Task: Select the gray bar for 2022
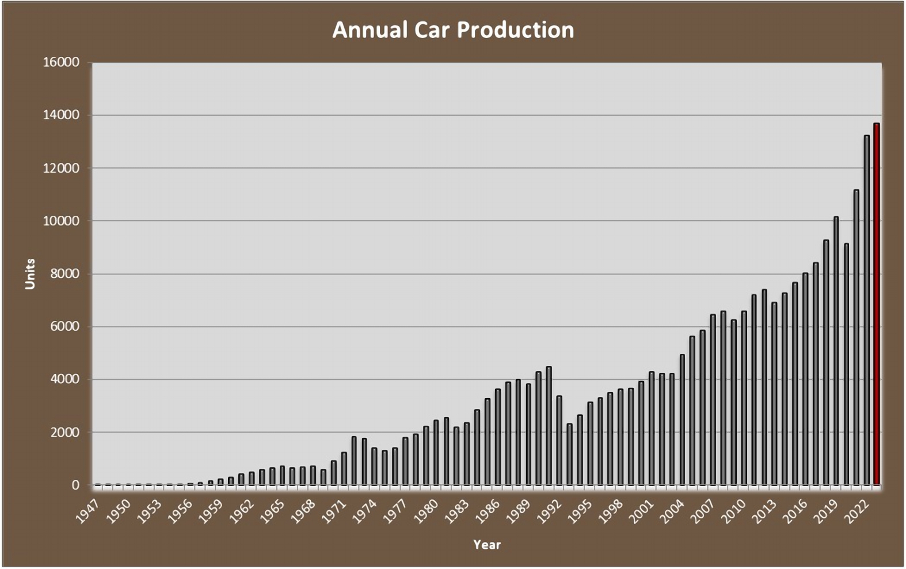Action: tap(866, 311)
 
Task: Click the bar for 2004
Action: tap(682, 420)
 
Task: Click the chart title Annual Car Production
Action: tap(453, 30)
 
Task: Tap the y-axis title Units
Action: tap(30, 274)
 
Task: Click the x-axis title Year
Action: tap(487, 544)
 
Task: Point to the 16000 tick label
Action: tap(61, 62)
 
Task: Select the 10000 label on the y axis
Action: tap(61, 221)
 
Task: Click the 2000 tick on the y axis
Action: tap(64, 433)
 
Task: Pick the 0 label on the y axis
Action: tap(75, 486)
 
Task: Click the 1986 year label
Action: tap(488, 511)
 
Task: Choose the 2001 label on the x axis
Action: tap(642, 511)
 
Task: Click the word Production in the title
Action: tap(515, 30)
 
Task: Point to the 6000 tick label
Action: tap(64, 327)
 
